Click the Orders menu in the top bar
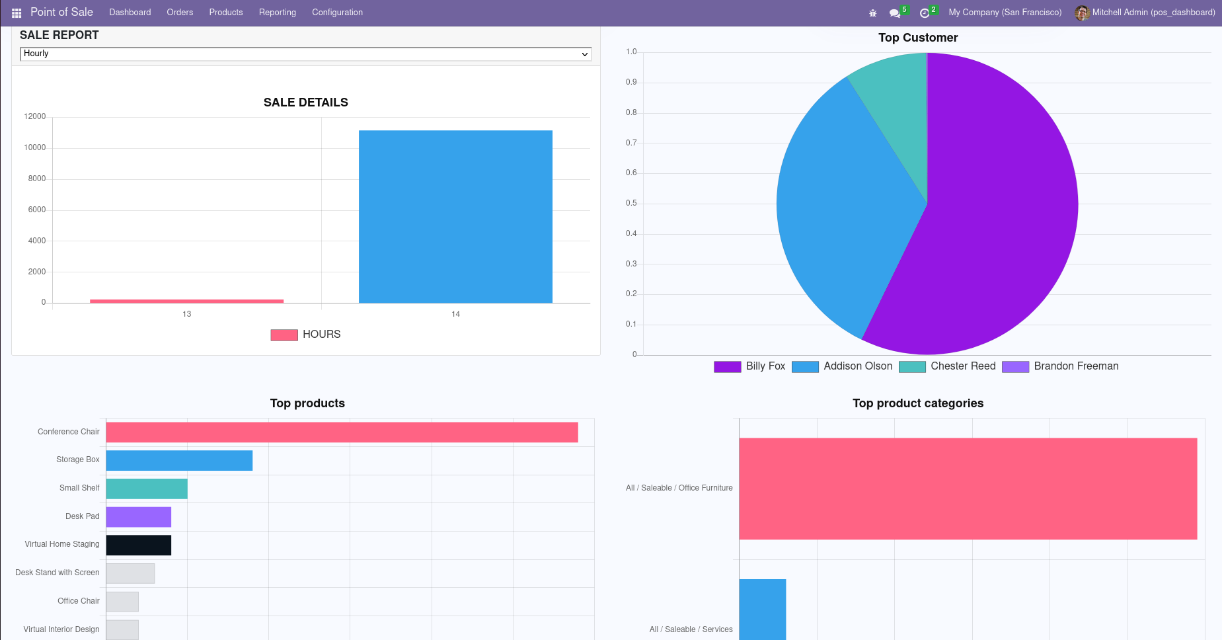[x=180, y=13]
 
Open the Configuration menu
[x=337, y=13]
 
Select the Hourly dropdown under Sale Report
[x=305, y=54]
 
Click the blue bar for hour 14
[x=455, y=217]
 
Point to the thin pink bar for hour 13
[x=186, y=301]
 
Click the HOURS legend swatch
[x=284, y=335]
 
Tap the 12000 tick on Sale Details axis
[x=35, y=116]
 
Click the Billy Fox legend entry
[x=750, y=366]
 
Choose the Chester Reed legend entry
[x=948, y=366]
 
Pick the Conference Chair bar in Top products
[x=342, y=432]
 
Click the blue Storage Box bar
[x=179, y=461]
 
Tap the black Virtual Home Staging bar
[x=139, y=545]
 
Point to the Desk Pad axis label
[x=83, y=516]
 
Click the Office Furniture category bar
[x=968, y=489]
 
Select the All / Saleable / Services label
[x=691, y=629]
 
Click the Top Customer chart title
[x=918, y=38]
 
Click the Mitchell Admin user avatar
[x=1082, y=13]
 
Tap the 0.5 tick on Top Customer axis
[x=631, y=203]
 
